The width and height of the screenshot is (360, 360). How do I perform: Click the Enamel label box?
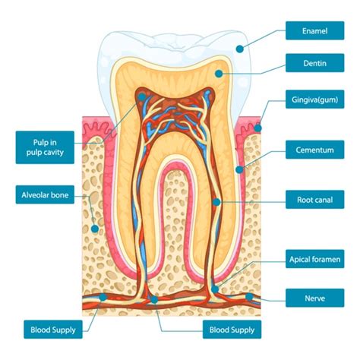click(314, 30)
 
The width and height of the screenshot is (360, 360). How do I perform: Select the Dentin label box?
click(314, 63)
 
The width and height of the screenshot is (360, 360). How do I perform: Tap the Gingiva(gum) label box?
click(314, 99)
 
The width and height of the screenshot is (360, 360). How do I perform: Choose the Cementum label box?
click(314, 150)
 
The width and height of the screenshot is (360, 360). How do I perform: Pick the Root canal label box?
click(314, 200)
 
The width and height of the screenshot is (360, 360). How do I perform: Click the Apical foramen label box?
click(314, 259)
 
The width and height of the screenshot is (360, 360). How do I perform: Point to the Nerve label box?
click(314, 298)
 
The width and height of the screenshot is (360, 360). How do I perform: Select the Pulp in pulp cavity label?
click(45, 147)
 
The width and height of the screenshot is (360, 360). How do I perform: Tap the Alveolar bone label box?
click(45, 194)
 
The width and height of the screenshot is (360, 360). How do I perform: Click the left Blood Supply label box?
click(53, 330)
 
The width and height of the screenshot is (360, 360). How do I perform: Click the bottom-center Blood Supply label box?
click(232, 330)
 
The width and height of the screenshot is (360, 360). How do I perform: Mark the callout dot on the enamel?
click(240, 49)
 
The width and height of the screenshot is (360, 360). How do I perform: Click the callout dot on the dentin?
click(219, 74)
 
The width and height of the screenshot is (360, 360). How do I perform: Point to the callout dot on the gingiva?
click(257, 128)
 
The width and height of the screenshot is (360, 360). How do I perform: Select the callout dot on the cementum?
click(239, 169)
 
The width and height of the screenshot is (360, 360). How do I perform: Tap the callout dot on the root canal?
click(216, 202)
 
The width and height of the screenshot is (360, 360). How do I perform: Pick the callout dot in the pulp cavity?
click(142, 96)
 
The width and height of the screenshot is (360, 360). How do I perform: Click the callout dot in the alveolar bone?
click(95, 229)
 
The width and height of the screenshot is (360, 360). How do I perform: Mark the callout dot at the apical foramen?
click(215, 289)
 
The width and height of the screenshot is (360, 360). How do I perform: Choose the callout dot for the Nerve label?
click(249, 297)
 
